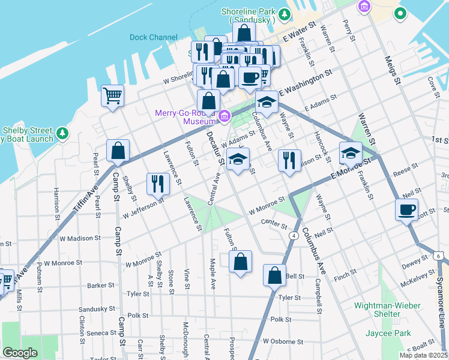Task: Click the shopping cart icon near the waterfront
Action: (113, 95)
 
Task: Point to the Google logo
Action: (20, 353)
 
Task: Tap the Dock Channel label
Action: (153, 37)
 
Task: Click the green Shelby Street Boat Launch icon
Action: (62, 133)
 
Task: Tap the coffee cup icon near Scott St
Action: (406, 209)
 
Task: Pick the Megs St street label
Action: (393, 72)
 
